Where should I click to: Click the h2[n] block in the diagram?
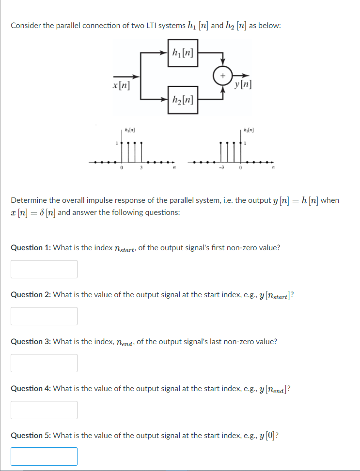[x=183, y=100]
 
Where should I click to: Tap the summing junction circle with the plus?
[x=222, y=76]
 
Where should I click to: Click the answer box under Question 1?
[x=44, y=269]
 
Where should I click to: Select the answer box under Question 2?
[x=44, y=316]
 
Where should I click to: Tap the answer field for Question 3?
[x=44, y=363]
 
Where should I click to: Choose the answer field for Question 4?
[x=44, y=410]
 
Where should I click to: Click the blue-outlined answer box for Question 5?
[x=44, y=456]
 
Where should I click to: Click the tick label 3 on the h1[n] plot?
[x=141, y=168]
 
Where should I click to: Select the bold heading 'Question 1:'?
[x=31, y=248]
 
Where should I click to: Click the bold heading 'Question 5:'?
[x=31, y=435]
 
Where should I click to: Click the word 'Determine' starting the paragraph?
[x=29, y=200]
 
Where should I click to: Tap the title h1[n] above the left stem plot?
[x=129, y=131]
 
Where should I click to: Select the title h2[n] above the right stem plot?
[x=249, y=131]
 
